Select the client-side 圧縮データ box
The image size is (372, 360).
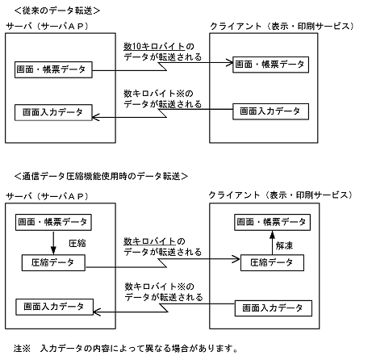point(271,262)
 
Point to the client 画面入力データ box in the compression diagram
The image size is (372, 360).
point(271,308)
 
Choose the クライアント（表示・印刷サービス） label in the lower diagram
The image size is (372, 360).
point(280,195)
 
